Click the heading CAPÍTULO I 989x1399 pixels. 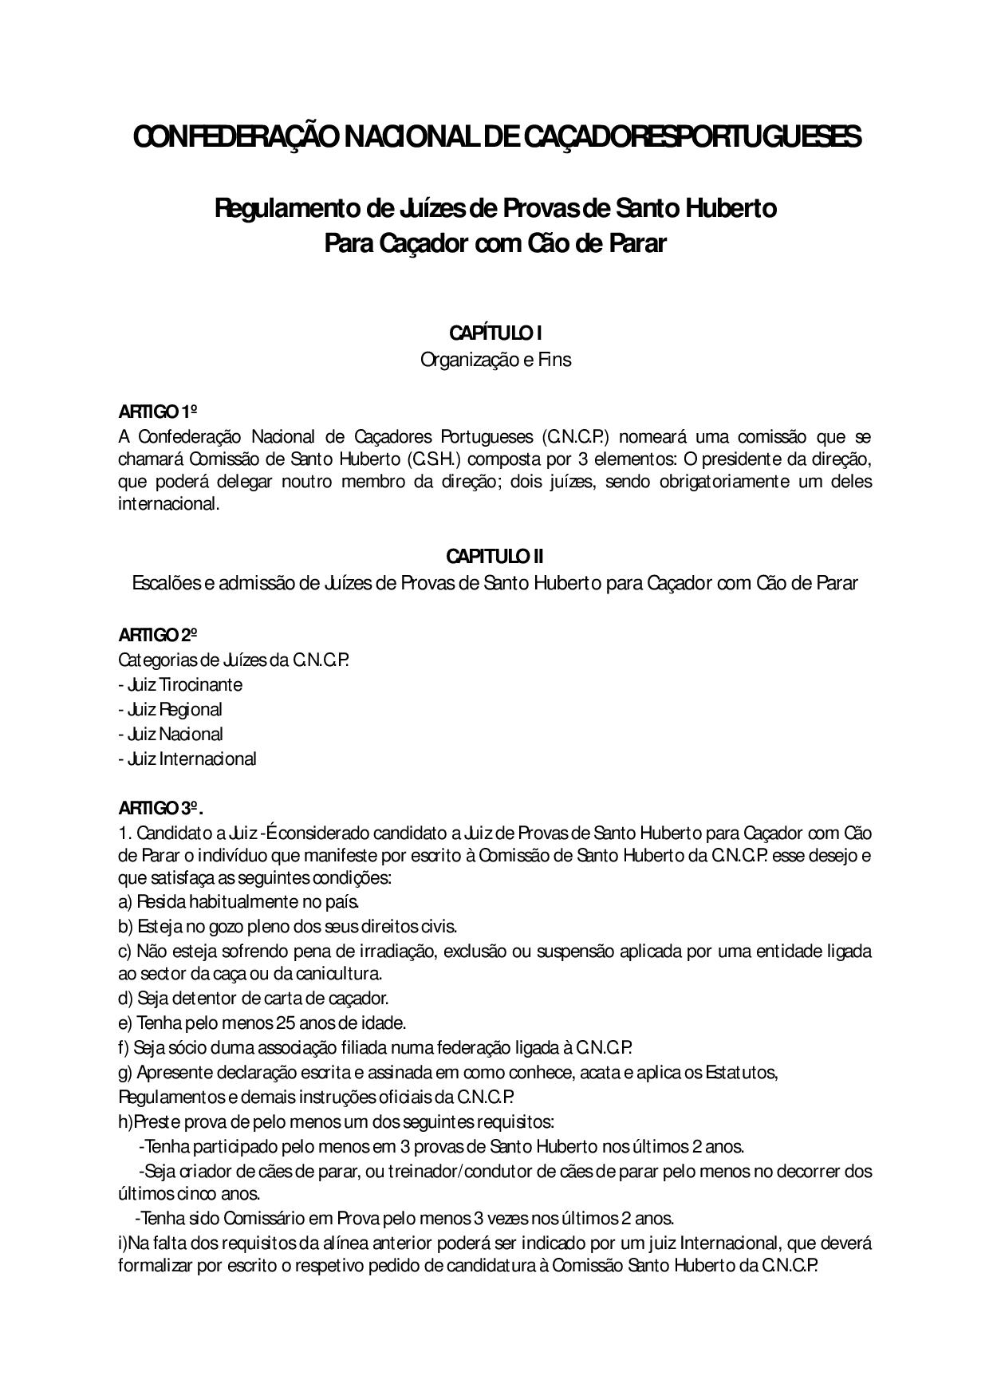[x=494, y=333]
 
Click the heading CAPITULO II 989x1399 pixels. [x=494, y=556]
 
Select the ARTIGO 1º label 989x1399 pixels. [x=158, y=412]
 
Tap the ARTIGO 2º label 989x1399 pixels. [x=158, y=636]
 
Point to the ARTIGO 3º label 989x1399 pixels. [x=160, y=808]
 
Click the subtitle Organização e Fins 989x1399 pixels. [x=495, y=360]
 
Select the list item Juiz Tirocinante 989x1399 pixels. [x=180, y=685]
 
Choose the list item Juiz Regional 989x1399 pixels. [x=171, y=710]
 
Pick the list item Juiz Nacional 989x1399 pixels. [x=171, y=735]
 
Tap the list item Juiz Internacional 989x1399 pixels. [x=187, y=759]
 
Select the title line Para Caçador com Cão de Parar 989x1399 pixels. [x=494, y=243]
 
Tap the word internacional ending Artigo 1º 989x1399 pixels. [x=168, y=505]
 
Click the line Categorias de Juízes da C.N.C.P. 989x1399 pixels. [x=234, y=660]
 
